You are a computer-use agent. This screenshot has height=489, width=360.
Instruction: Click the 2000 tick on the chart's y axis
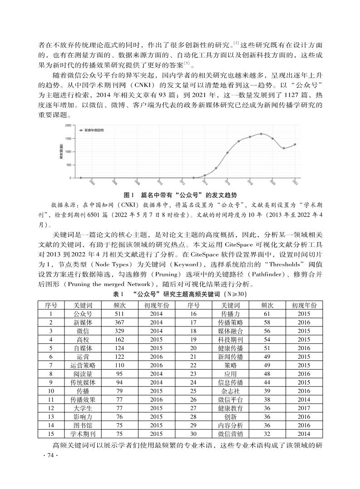[x=67, y=125]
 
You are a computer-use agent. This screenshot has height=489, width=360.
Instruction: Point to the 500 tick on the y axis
[x=68, y=165]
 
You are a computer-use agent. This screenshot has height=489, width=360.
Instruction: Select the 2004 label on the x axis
[x=92, y=182]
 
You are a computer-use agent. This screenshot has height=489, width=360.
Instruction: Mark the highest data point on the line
[x=261, y=134]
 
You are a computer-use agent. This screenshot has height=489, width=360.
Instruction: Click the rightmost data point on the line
[x=295, y=144]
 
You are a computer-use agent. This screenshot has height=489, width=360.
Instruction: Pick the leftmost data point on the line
[x=81, y=178]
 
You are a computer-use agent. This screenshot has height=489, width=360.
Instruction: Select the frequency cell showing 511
[x=119, y=314]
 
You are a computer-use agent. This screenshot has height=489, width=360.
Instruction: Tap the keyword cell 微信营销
[x=231, y=434]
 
